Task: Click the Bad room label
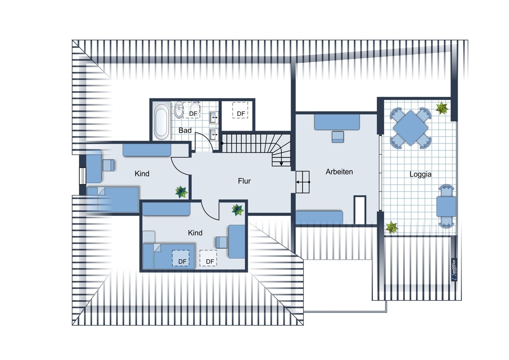(x=185, y=130)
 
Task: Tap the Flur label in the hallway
(x=244, y=181)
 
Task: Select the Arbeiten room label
(x=339, y=172)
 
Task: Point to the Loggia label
(x=420, y=174)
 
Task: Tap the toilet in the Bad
(x=179, y=110)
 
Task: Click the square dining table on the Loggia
(x=410, y=128)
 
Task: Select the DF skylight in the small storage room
(x=240, y=110)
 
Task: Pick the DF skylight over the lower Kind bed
(x=181, y=258)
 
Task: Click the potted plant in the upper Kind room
(x=181, y=192)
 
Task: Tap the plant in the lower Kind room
(x=238, y=210)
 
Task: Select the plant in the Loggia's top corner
(x=442, y=108)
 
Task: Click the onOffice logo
(x=454, y=270)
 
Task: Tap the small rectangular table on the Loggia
(x=446, y=206)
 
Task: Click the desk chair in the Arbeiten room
(x=338, y=137)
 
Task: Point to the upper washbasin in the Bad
(x=213, y=118)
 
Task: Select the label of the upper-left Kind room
(x=142, y=174)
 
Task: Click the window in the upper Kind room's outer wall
(x=82, y=176)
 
